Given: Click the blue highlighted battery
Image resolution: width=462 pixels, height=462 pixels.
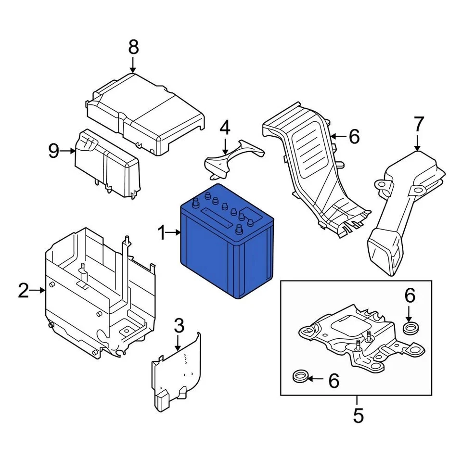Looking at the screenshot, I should [x=226, y=250].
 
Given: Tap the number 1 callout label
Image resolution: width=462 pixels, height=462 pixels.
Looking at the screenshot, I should [x=162, y=234].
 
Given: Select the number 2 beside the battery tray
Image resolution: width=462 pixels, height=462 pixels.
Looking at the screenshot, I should [x=24, y=291].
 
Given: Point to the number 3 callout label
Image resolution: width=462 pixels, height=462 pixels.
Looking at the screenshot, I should [x=179, y=326].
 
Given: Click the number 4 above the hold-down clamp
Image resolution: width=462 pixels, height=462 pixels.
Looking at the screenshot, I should [x=225, y=128].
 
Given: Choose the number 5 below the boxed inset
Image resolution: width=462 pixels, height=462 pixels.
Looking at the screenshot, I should [x=358, y=415].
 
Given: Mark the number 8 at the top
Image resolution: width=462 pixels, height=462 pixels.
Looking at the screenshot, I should [x=133, y=47].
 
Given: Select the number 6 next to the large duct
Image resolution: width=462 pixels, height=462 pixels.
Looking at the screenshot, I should [x=354, y=137].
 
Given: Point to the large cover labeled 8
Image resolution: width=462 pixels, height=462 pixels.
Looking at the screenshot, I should [x=144, y=111].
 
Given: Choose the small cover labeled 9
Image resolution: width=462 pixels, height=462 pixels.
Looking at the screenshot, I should [x=107, y=164].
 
